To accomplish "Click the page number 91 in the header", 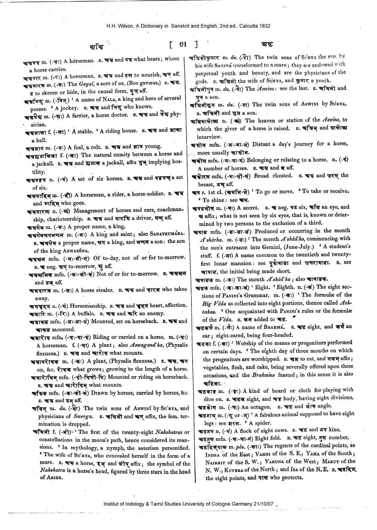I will (183, 45).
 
